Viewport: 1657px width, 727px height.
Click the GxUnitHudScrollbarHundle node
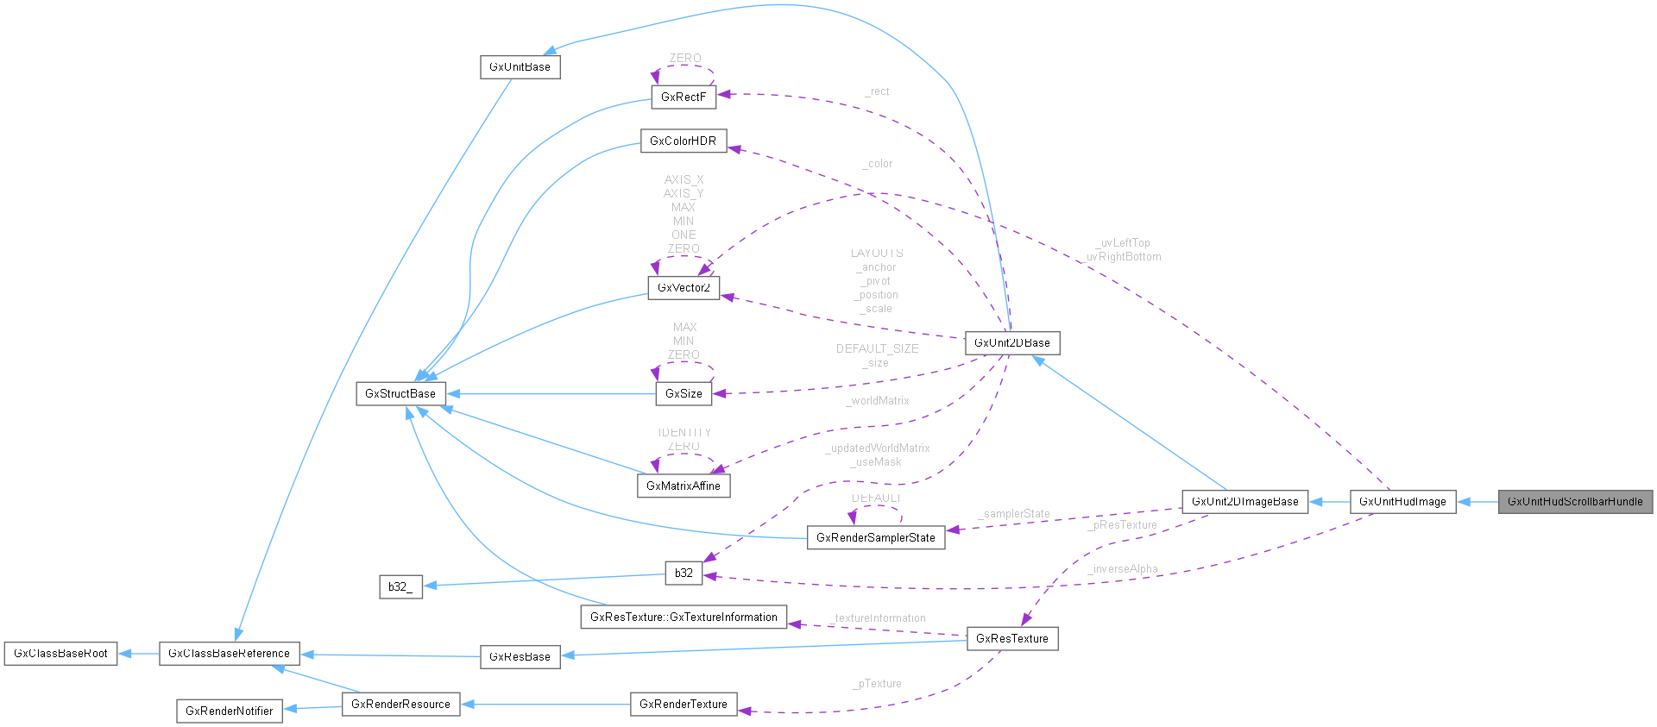[x=1575, y=502]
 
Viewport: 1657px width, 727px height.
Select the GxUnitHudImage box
[x=1402, y=502]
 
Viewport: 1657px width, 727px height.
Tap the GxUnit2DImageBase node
[x=1244, y=502]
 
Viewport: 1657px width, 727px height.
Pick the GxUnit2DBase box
[x=1011, y=343]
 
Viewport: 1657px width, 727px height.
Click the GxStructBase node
[x=400, y=394]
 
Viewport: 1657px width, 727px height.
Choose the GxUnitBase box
[x=520, y=67]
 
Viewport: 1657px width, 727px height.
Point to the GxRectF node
[x=683, y=97]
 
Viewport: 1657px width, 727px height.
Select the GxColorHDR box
[x=683, y=141]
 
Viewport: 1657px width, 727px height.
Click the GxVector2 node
[x=683, y=288]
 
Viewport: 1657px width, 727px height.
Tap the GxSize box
[x=684, y=394]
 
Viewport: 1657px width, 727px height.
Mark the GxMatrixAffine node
[x=683, y=486]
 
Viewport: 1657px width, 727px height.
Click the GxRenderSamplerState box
[x=875, y=538]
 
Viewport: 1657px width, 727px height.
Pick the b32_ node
[x=400, y=587]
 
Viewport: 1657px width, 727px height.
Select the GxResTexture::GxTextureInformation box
[x=684, y=617]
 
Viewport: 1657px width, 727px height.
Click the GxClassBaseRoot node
[x=60, y=654]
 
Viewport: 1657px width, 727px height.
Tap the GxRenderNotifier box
[x=229, y=711]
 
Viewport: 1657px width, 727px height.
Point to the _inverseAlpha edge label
[x=1123, y=569]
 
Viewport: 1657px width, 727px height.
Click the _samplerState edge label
[x=1014, y=514]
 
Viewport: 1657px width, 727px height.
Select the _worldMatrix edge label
[x=878, y=401]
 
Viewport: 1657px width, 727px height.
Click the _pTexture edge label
[x=878, y=684]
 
